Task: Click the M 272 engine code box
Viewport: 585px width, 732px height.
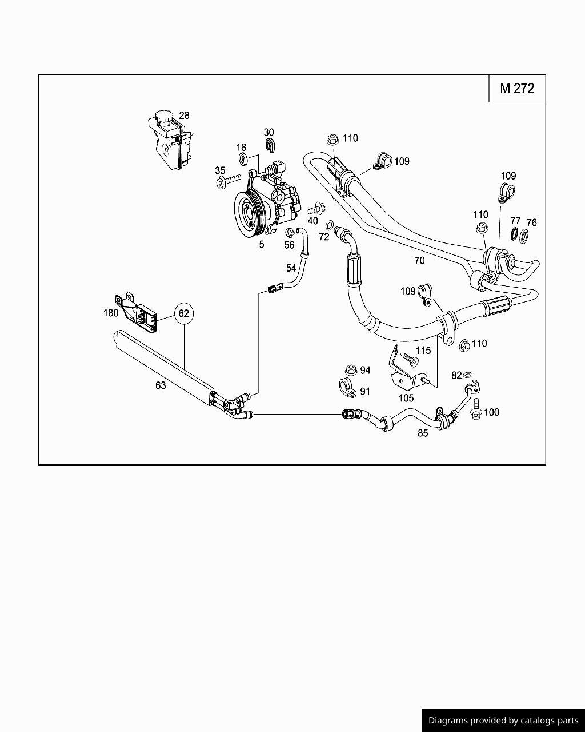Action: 517,88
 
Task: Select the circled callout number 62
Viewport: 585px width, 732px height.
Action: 183,313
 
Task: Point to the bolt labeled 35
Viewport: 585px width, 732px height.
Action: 229,181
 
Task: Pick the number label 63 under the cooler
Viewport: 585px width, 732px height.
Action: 161,385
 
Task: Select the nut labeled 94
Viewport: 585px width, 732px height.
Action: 351,371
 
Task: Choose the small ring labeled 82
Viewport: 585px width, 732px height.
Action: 468,375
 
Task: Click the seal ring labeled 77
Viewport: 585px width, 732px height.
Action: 514,234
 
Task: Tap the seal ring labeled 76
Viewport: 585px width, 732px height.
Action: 524,235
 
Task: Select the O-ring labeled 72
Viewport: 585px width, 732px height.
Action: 330,226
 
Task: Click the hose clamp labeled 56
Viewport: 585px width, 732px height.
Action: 290,232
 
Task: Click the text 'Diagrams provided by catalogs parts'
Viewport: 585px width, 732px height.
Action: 503,721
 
